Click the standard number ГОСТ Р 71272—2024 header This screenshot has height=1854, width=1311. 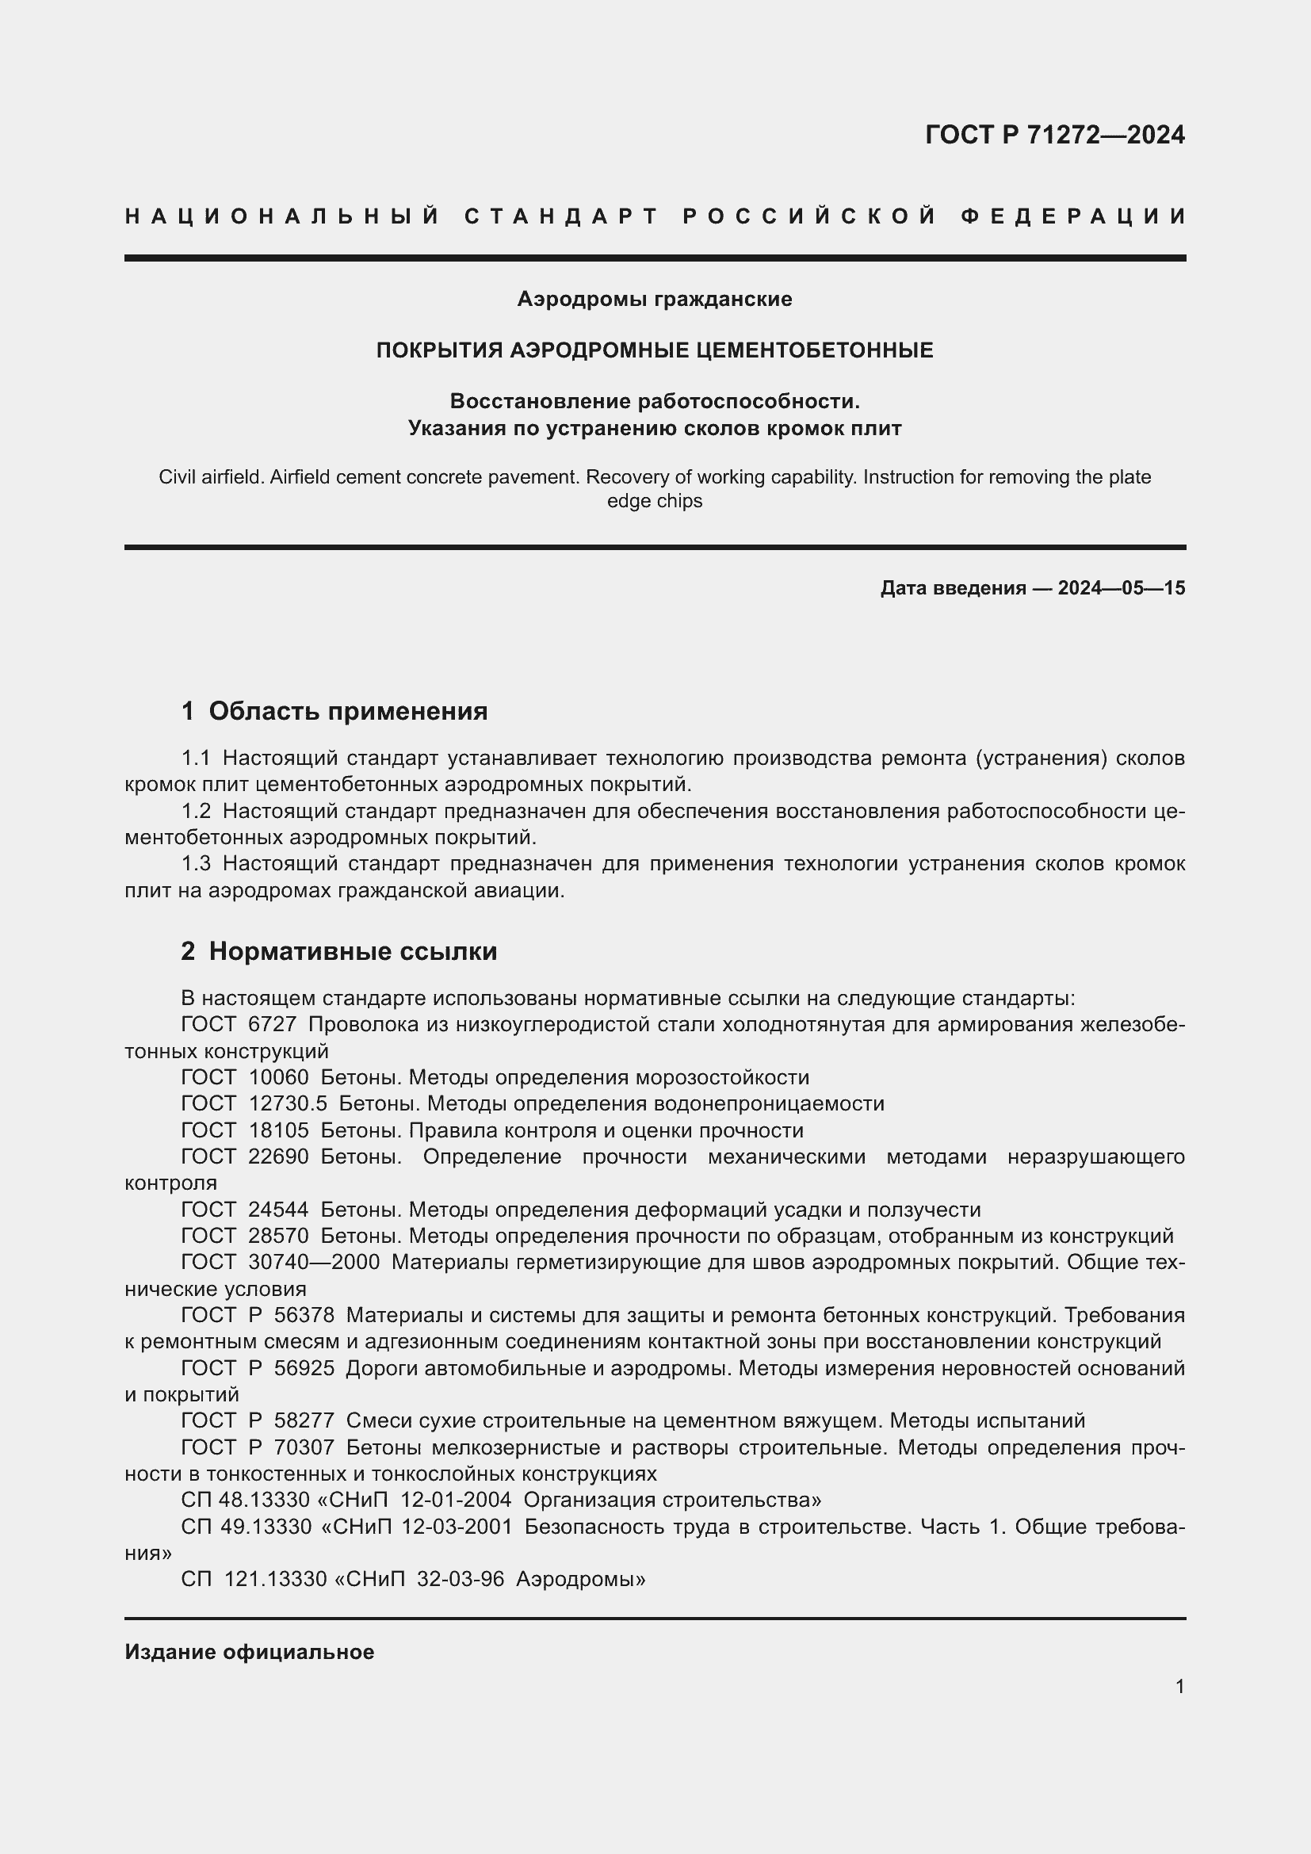point(1054,135)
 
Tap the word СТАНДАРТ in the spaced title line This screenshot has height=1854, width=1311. point(563,216)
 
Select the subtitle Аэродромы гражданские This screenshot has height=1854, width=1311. point(655,300)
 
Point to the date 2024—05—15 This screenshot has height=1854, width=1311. point(1122,588)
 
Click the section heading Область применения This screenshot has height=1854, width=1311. point(348,711)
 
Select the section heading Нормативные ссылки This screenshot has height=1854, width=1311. point(353,952)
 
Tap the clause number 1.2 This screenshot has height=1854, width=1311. point(196,812)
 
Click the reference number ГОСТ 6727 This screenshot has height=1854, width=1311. point(239,1025)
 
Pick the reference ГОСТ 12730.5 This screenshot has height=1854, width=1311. point(254,1104)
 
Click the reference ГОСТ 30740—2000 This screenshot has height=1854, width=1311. point(280,1262)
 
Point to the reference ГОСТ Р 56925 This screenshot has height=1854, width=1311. point(258,1368)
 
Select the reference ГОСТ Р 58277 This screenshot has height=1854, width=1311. point(258,1420)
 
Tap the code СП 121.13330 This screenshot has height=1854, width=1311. point(254,1579)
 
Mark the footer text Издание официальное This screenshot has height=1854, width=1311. point(250,1652)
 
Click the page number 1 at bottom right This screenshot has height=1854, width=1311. point(1179,1686)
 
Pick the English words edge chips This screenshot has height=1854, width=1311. point(655,502)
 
